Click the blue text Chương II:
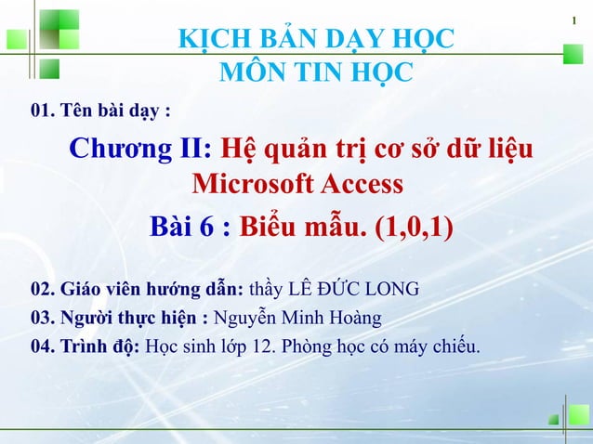click(x=143, y=149)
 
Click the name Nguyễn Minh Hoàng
click(x=297, y=319)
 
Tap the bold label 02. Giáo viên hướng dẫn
click(x=138, y=290)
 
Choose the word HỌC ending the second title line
click(x=380, y=71)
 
